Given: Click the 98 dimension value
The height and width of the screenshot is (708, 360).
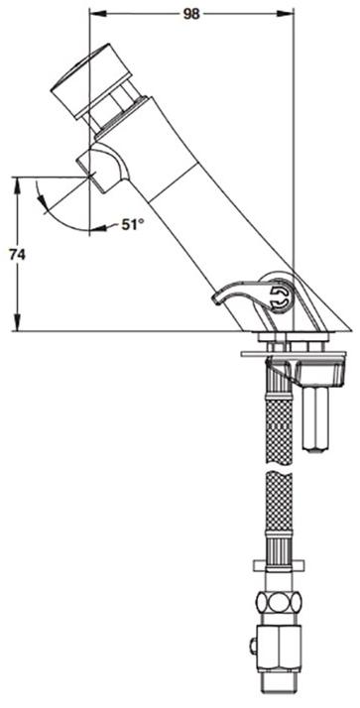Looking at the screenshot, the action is pos(191,14).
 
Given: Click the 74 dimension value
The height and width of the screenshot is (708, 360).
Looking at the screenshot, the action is pos(17,255).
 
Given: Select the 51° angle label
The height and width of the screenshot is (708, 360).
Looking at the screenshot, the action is pos(132,224).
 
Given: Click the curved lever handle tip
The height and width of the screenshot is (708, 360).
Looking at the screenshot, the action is pos(217,298).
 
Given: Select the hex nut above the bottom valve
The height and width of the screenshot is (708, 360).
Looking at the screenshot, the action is pos(279,602).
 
